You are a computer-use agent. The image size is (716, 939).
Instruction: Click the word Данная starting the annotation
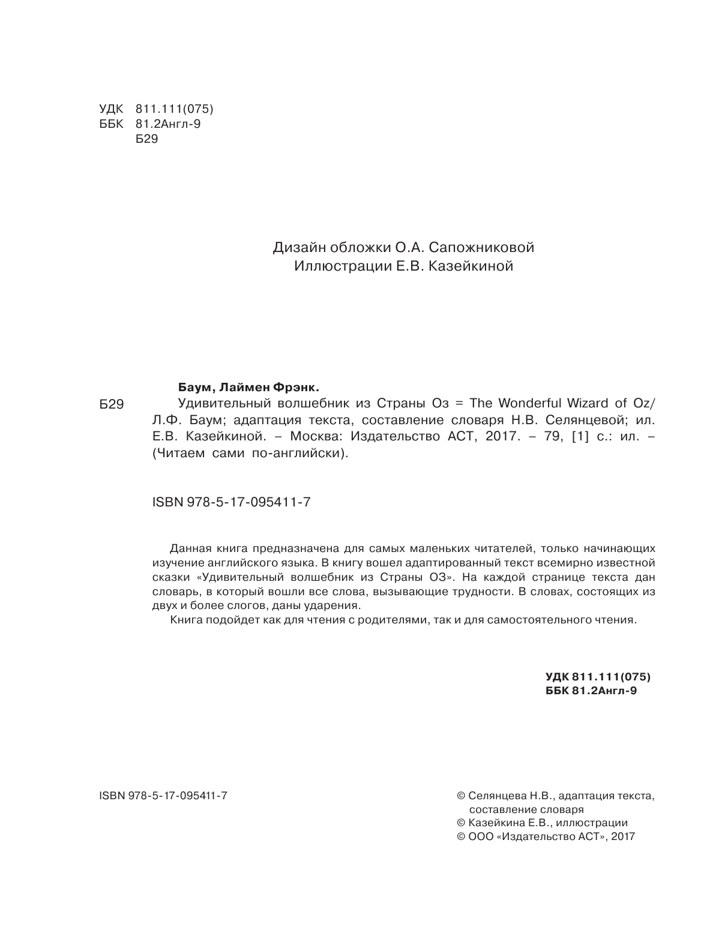tap(189, 548)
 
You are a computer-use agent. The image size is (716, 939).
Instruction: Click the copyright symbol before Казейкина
tap(461, 823)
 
